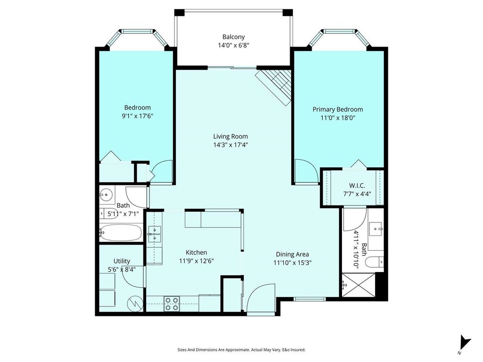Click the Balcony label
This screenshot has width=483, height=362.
[x=233, y=37]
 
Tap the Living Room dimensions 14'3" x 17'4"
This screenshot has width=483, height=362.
[x=230, y=145]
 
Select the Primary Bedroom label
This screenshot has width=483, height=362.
[x=338, y=109]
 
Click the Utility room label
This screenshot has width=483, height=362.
[x=122, y=261]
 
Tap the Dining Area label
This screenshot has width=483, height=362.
[x=292, y=254]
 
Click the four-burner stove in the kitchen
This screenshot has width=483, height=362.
[x=172, y=304]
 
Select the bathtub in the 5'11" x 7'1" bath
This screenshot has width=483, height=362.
[x=120, y=232]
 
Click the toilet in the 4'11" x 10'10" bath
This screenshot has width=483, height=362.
[x=376, y=262]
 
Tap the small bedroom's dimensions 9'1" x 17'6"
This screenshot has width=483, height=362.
[x=137, y=115]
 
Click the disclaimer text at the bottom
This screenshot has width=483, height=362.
[x=241, y=350]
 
